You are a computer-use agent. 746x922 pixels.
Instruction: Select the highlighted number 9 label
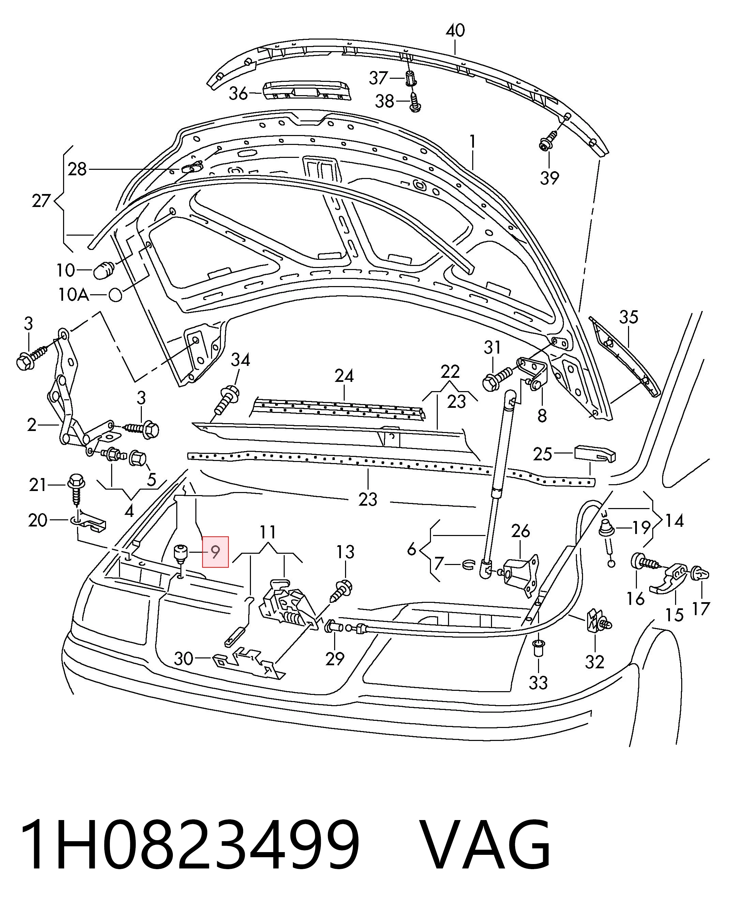(215, 552)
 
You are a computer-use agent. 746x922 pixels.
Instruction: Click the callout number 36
(239, 93)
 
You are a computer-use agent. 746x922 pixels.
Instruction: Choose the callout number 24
(344, 376)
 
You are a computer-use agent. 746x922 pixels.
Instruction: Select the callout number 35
(629, 317)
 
